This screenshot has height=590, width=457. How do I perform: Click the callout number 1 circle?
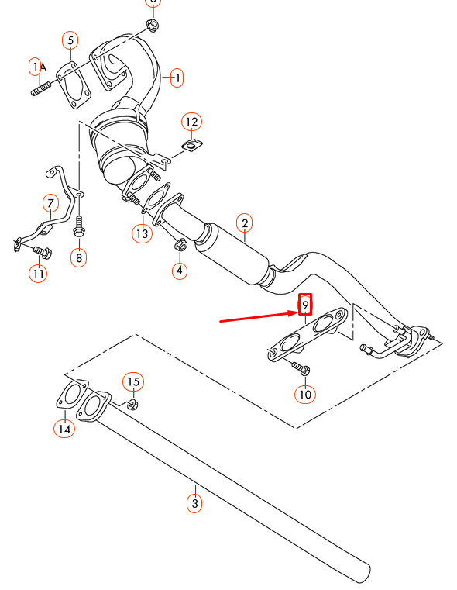point(177,78)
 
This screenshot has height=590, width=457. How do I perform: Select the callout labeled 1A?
point(39,67)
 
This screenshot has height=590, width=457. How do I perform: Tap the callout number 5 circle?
point(70,40)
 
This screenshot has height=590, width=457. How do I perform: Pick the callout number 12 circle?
point(191,122)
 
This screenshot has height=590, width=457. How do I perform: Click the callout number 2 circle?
point(244,224)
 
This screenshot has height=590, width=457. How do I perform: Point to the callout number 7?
point(50,204)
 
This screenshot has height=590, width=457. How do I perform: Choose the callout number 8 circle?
point(78,256)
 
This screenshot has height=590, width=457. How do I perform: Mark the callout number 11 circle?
point(39,273)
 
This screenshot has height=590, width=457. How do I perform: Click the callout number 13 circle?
point(142,233)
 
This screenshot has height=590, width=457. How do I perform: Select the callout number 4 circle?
point(180,271)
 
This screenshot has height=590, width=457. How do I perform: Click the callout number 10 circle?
point(305,395)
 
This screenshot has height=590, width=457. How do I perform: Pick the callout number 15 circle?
point(133,381)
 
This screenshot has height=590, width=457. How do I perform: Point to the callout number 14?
point(64,428)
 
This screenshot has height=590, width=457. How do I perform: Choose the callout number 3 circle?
point(195,503)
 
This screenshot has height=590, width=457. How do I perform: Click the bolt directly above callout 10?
point(301,367)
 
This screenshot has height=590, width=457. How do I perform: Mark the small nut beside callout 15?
point(132,404)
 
